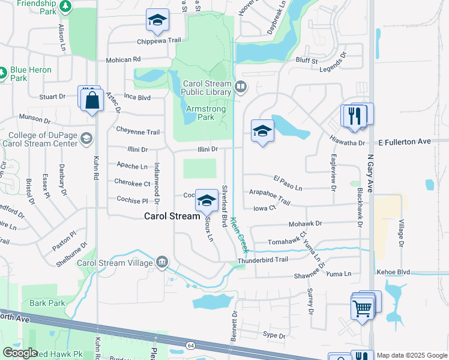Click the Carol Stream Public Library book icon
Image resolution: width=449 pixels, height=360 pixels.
(x=241, y=87)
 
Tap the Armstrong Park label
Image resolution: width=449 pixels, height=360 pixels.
(x=200, y=113)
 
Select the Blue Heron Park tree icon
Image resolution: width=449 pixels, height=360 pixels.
(x=4, y=70)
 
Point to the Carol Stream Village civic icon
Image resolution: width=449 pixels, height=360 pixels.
(x=161, y=262)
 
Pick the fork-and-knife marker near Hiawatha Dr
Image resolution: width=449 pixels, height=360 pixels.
(x=356, y=115)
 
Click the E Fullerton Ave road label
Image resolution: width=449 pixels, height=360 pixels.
(x=405, y=142)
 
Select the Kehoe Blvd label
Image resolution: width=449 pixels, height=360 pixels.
(x=393, y=272)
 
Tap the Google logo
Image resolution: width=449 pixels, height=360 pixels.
(x=20, y=353)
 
